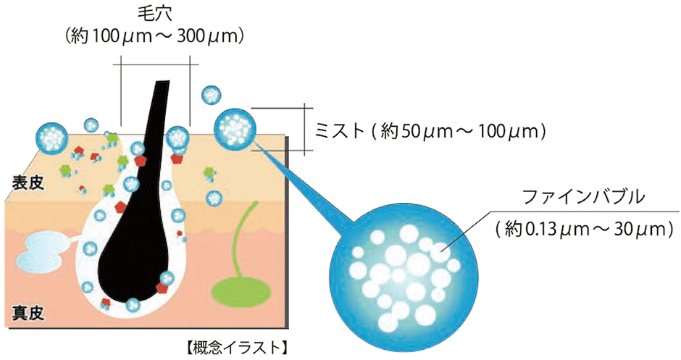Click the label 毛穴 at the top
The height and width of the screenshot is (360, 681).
[154, 14]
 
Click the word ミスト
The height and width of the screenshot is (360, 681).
[339, 130]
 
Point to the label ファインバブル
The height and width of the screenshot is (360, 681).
[583, 198]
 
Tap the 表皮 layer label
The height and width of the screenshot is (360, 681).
[28, 183]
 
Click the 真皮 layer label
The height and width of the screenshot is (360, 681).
[28, 313]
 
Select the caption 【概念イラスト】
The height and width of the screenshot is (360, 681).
[235, 348]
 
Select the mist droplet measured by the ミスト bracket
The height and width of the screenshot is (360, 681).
[235, 128]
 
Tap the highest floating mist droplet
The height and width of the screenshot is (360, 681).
[212, 96]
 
